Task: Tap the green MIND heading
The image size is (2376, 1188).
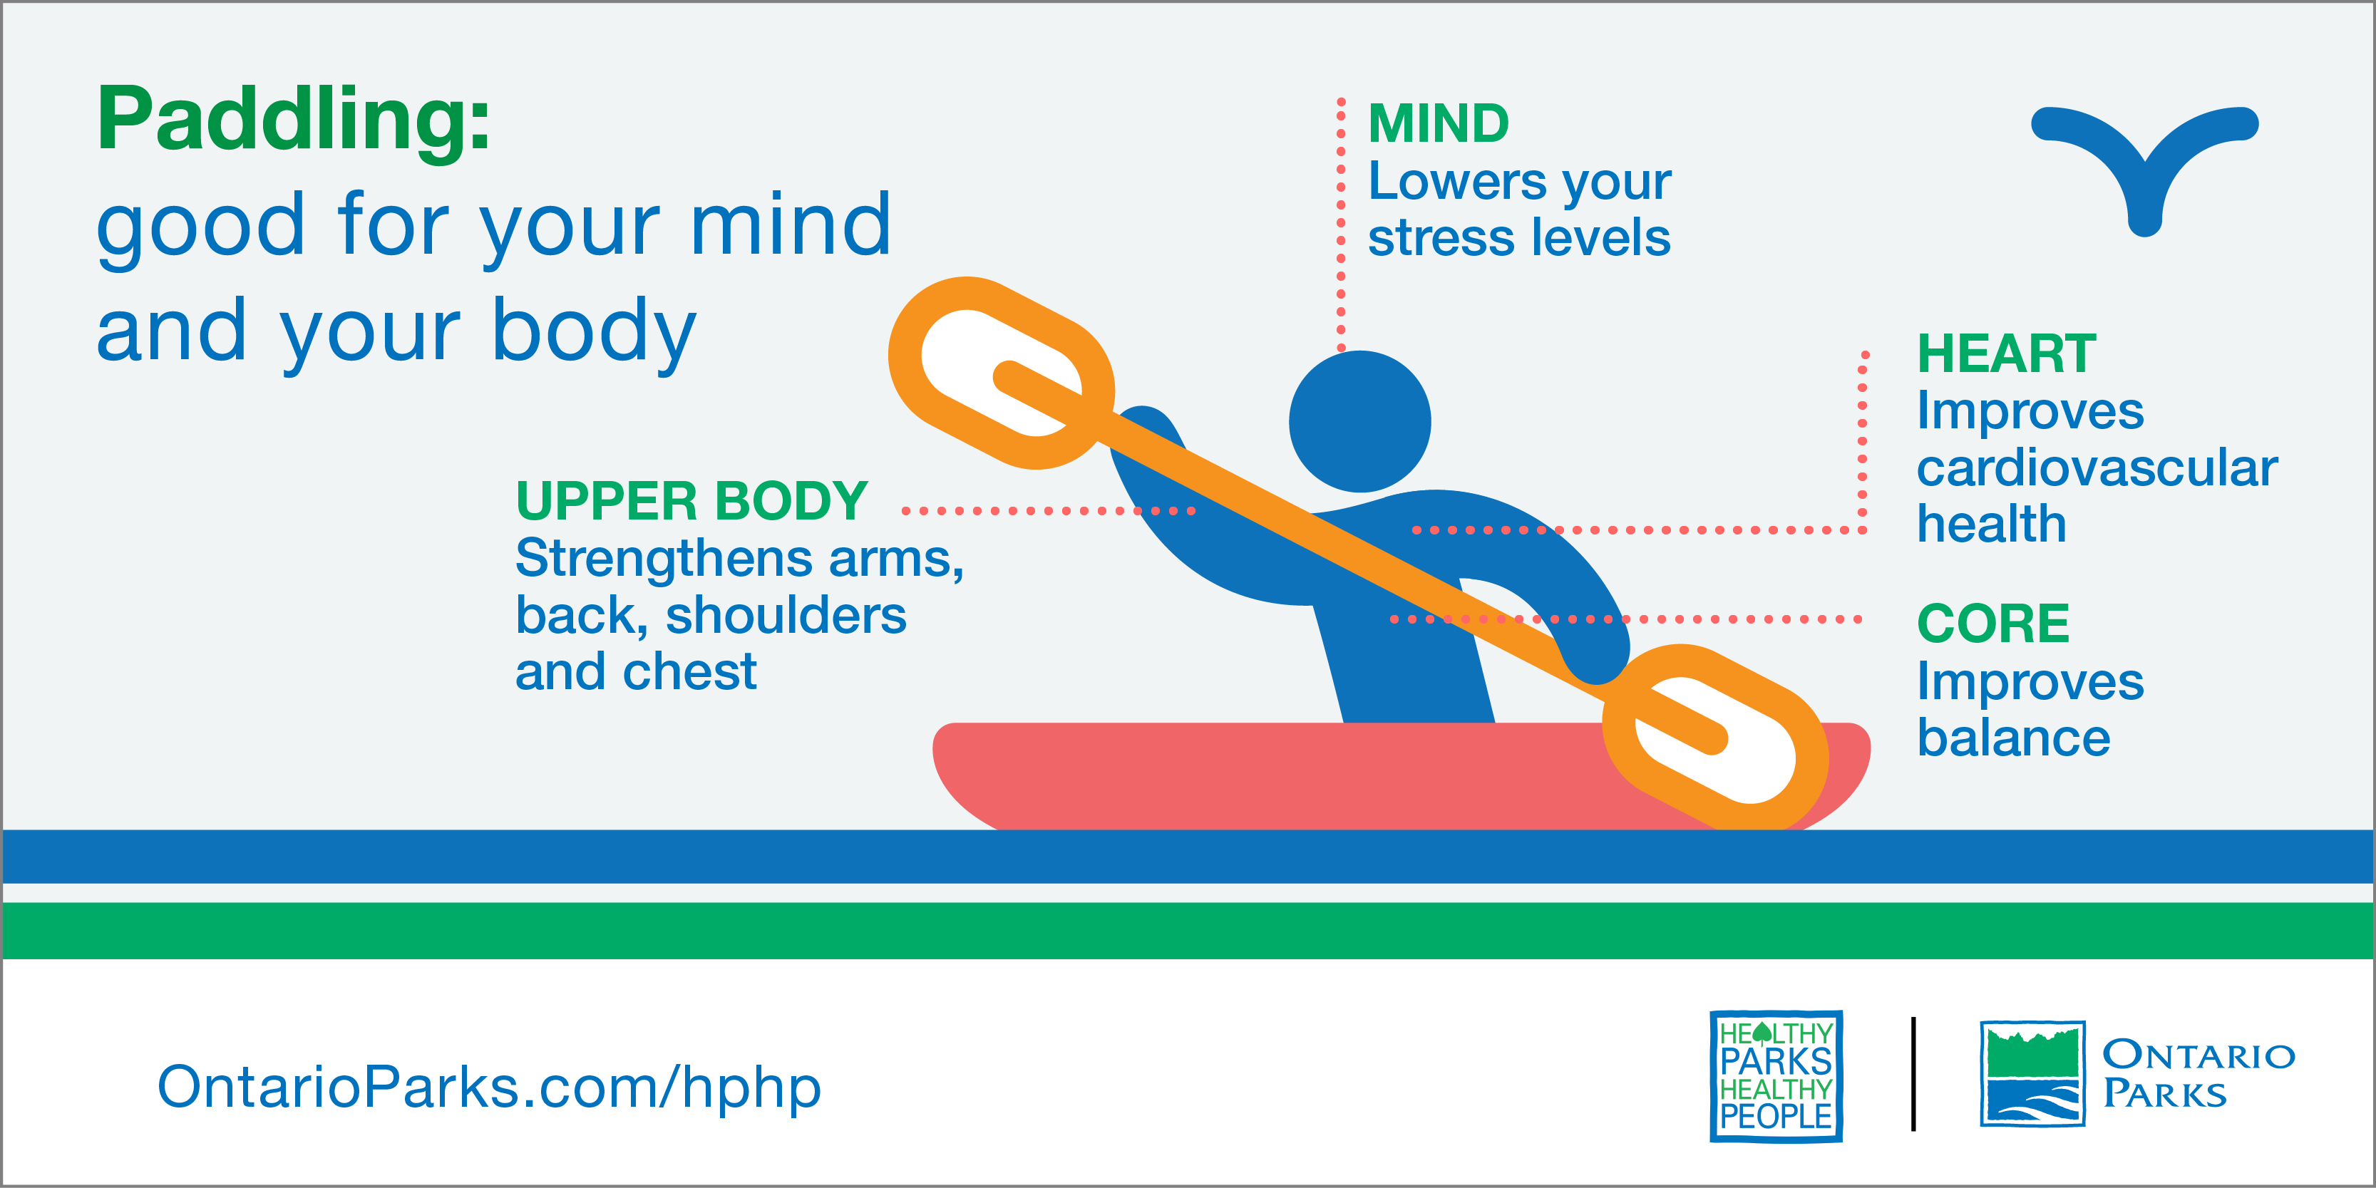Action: pyautogui.click(x=1438, y=123)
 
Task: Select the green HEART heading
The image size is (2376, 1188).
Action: pyautogui.click(x=2006, y=353)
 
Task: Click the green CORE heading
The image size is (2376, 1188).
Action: pyautogui.click(x=1992, y=624)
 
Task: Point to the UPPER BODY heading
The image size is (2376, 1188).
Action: pyautogui.click(x=691, y=501)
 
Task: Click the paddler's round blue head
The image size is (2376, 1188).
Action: pyautogui.click(x=1359, y=421)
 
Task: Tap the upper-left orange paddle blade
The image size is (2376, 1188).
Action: pyautogui.click(x=1002, y=373)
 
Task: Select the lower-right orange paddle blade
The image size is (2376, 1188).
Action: pyautogui.click(x=1716, y=738)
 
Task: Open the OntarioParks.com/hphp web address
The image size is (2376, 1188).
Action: pyautogui.click(x=489, y=1088)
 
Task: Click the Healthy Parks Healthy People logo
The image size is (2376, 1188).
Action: pyautogui.click(x=1776, y=1075)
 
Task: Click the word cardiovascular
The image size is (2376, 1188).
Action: pyautogui.click(x=2097, y=468)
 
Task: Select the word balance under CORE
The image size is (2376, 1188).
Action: pyautogui.click(x=2014, y=738)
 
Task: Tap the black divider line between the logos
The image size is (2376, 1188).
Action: pyautogui.click(x=1914, y=1074)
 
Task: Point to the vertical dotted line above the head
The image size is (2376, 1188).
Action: pyautogui.click(x=1341, y=224)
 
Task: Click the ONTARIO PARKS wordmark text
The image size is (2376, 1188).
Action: pyautogui.click(x=2198, y=1074)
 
